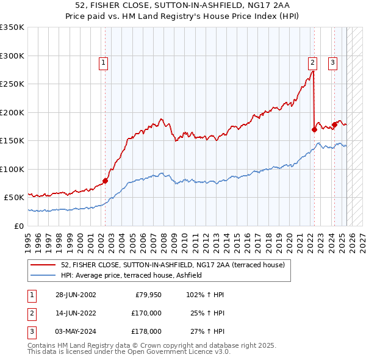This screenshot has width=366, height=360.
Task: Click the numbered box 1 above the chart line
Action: click(103, 62)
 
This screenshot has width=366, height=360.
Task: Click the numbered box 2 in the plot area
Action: click(312, 62)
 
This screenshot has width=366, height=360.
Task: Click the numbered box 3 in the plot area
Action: click(333, 62)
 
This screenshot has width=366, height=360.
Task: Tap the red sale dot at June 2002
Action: click(105, 181)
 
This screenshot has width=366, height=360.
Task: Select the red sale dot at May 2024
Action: click(334, 125)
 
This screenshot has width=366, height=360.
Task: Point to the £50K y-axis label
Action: click(13, 198)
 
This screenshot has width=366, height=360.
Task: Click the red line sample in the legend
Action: click(43, 265)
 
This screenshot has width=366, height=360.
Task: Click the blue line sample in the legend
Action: click(43, 275)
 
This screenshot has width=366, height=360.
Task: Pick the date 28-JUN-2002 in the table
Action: click(76, 295)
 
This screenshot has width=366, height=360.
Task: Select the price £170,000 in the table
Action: click(147, 313)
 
